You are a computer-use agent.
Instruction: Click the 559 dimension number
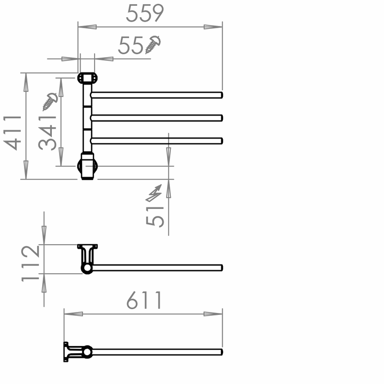[145, 13]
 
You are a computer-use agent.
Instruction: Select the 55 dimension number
[131, 45]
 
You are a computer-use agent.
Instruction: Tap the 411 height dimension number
[12, 133]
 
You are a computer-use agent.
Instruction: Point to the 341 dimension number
[48, 133]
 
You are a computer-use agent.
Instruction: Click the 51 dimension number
[155, 216]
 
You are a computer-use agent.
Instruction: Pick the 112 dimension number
[30, 264]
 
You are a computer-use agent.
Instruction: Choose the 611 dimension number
[144, 300]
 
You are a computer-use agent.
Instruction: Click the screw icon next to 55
[153, 45]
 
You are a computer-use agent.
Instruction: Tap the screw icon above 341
[50, 102]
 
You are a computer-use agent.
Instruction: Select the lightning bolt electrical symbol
[154, 193]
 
